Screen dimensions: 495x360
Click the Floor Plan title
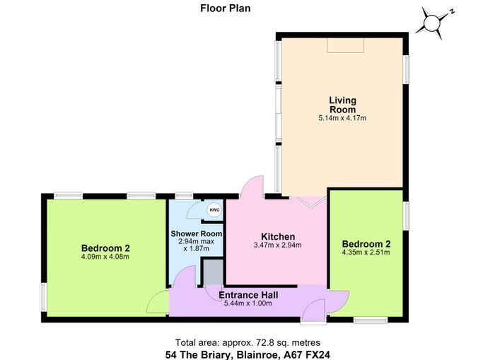pos(226,8)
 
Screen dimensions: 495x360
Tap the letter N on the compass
pos(452,12)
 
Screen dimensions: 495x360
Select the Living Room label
pos(342,105)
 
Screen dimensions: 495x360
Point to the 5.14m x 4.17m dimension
pos(342,118)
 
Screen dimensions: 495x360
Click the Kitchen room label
pos(278,236)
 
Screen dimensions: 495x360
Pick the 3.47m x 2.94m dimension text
pos(277,245)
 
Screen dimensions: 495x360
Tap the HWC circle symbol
pos(214,210)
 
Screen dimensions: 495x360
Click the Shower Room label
pos(197,233)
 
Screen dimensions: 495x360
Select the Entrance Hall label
pos(248,295)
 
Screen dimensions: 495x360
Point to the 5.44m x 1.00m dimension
pos(248,304)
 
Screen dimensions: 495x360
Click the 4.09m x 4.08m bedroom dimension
pos(105,257)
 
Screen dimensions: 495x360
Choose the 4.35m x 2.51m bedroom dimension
pos(366,252)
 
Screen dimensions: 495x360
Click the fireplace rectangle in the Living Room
pos(346,45)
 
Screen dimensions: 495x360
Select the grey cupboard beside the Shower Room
pos(213,272)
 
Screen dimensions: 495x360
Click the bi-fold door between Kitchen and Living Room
pos(312,202)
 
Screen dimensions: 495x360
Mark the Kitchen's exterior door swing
pos(252,186)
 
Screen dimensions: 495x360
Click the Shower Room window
pos(184,196)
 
